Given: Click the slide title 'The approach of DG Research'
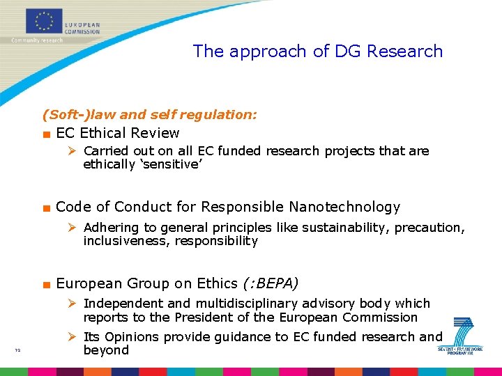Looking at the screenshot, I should click(317, 51).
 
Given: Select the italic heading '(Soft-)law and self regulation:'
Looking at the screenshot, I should click(149, 114).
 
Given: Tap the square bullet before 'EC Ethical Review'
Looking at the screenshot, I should click(46, 134).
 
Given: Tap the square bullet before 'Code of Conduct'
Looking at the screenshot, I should click(46, 207).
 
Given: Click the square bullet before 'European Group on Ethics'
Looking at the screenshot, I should click(46, 284).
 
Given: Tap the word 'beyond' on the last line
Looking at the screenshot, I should click(106, 350).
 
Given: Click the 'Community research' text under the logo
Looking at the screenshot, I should click(37, 40).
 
